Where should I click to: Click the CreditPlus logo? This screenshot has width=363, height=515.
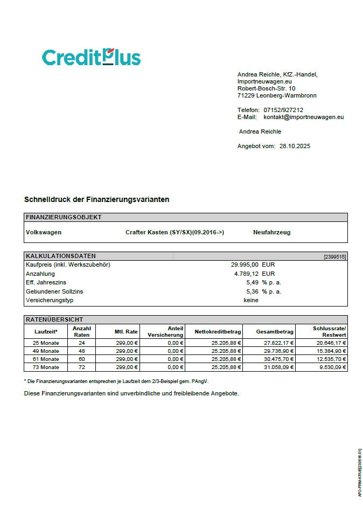[x=91, y=57]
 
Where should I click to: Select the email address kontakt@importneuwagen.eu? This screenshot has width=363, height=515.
[x=303, y=117]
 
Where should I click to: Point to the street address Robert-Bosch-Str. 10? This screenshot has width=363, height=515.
[x=266, y=88]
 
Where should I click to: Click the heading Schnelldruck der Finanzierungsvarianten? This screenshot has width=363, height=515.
[x=97, y=199]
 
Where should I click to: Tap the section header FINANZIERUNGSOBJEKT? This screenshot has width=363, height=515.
[x=64, y=217]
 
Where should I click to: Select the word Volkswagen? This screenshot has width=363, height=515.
[x=44, y=233]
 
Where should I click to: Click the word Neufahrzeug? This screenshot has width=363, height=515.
[x=271, y=233]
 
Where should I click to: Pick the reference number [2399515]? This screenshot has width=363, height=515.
[x=334, y=256]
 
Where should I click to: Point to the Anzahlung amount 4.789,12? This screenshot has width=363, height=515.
[x=246, y=274]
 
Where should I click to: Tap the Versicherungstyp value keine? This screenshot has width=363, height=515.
[x=251, y=300]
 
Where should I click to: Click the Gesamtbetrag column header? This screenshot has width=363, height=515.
[x=275, y=332]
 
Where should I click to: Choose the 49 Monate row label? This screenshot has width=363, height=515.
[x=46, y=351]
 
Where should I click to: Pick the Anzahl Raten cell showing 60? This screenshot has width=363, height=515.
[x=81, y=359]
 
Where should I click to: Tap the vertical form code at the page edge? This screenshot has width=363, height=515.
[x=359, y=472]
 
